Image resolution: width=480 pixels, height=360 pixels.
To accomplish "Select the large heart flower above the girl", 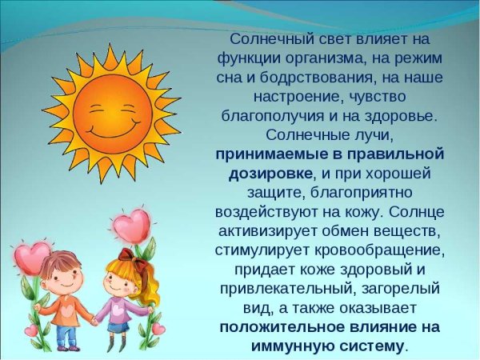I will [x=130, y=226].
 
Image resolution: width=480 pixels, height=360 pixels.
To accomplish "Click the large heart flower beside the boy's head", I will [x=33, y=258].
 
